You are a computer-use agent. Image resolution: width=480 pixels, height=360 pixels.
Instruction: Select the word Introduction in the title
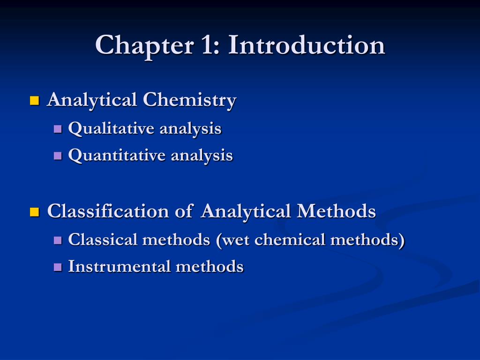tap(307, 46)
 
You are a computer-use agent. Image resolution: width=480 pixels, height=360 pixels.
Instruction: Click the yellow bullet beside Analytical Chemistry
tap(34, 100)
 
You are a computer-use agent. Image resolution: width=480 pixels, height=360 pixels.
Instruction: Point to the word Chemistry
tap(189, 100)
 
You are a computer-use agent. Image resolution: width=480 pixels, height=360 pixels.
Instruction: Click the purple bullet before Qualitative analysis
tap(58, 128)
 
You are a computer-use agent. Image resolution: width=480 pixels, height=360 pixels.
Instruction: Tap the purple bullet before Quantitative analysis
tap(58, 156)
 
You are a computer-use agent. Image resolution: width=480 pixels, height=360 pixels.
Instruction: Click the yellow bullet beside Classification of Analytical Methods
tap(34, 212)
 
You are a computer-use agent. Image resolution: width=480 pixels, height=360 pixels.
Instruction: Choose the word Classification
tap(108, 212)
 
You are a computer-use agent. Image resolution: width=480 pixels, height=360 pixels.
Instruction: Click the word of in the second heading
tap(184, 212)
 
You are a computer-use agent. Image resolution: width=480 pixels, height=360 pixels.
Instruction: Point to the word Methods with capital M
tap(336, 212)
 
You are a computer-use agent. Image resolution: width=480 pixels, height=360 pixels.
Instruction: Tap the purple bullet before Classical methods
tap(58, 240)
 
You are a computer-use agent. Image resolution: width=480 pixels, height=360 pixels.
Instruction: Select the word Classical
tap(103, 240)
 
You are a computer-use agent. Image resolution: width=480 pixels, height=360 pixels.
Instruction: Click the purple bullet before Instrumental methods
tap(58, 267)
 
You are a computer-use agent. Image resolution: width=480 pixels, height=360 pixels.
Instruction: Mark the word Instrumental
tap(120, 267)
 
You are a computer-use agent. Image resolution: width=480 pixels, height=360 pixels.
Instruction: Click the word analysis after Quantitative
tap(202, 156)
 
